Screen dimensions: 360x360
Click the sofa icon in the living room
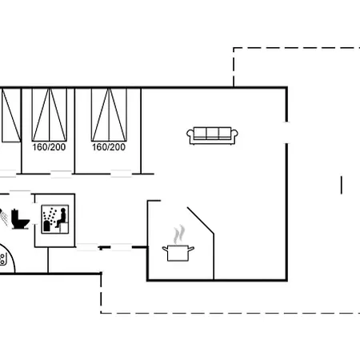(x=212, y=136)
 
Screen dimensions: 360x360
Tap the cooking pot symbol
(x=178, y=253)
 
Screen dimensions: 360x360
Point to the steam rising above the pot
(x=179, y=234)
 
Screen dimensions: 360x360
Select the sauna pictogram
(x=55, y=219)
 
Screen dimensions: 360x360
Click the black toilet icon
(x=20, y=219)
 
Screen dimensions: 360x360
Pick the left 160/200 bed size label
(x=49, y=147)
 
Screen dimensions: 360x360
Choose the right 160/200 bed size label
(x=109, y=147)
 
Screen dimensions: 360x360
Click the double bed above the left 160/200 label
(x=50, y=114)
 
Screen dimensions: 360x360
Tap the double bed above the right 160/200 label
(x=109, y=114)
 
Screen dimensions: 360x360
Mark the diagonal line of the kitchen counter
(x=201, y=221)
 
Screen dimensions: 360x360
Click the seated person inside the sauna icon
(x=62, y=218)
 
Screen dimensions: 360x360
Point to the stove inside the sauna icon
(x=46, y=226)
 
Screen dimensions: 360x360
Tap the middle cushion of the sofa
(x=213, y=133)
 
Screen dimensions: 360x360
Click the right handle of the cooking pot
(x=191, y=249)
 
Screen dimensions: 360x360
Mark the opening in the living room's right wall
(x=287, y=133)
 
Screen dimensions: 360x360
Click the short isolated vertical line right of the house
(x=342, y=185)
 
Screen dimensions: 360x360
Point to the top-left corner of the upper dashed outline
(x=234, y=48)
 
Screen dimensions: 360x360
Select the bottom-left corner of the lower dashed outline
(x=101, y=313)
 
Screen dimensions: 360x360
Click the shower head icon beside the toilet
(x=3, y=217)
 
